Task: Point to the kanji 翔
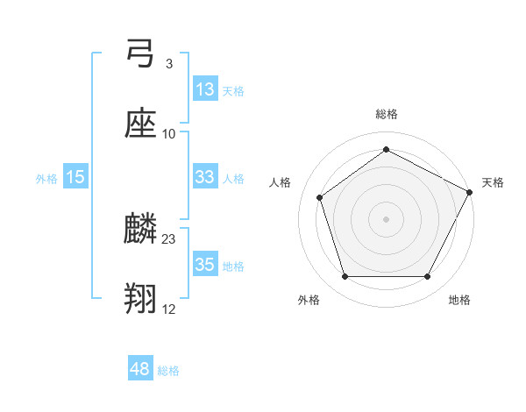click(140, 298)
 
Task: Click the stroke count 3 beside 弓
click(168, 64)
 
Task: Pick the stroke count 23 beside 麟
click(169, 238)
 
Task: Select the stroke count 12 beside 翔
click(169, 308)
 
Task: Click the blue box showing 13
click(204, 89)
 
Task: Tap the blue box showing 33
click(204, 177)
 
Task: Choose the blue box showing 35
click(204, 264)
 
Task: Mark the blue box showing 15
click(75, 177)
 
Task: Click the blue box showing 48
click(140, 369)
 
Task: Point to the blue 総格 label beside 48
click(168, 371)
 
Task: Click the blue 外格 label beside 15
click(46, 179)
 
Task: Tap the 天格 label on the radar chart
click(493, 182)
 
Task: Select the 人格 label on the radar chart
click(281, 182)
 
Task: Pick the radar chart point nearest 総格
click(386, 149)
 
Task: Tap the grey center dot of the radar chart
click(386, 218)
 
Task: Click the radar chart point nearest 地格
click(427, 277)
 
